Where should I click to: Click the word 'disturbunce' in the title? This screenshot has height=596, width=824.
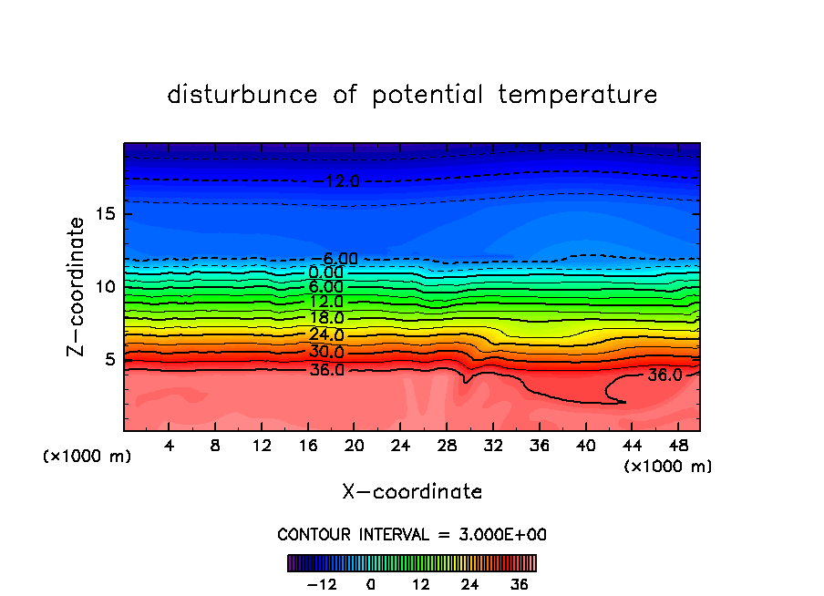(x=243, y=95)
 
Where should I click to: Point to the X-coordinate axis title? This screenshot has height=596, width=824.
(x=412, y=492)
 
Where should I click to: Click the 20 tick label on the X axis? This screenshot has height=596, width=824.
(x=354, y=447)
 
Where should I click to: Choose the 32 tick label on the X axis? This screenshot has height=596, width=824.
(x=492, y=447)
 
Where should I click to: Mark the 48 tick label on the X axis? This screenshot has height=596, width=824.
(x=676, y=447)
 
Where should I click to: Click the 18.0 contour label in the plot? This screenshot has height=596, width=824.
(x=326, y=318)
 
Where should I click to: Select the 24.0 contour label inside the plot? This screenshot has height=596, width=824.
(x=326, y=334)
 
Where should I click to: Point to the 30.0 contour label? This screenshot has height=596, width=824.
(x=326, y=352)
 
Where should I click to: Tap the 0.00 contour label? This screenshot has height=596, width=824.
(x=326, y=272)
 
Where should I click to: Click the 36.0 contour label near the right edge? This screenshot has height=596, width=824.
(x=664, y=375)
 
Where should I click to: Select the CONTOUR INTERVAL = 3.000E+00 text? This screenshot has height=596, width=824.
(x=412, y=535)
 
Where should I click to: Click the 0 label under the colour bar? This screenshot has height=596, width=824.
(x=371, y=584)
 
